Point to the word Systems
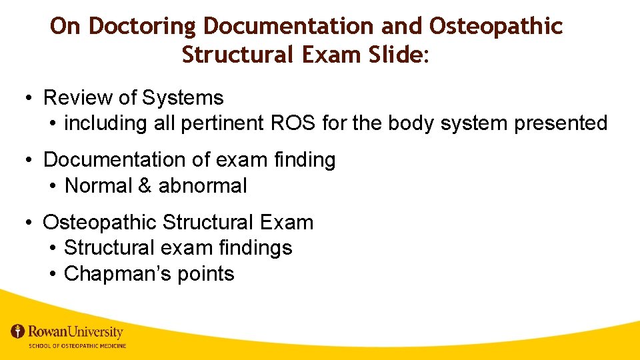[x=182, y=98]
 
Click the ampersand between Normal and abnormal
[x=145, y=186]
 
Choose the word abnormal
[x=203, y=186]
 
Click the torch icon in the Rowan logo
[x=17, y=331]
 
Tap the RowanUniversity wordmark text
[x=75, y=331]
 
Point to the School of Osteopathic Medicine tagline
[x=77, y=346]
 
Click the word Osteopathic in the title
[x=496, y=27]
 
